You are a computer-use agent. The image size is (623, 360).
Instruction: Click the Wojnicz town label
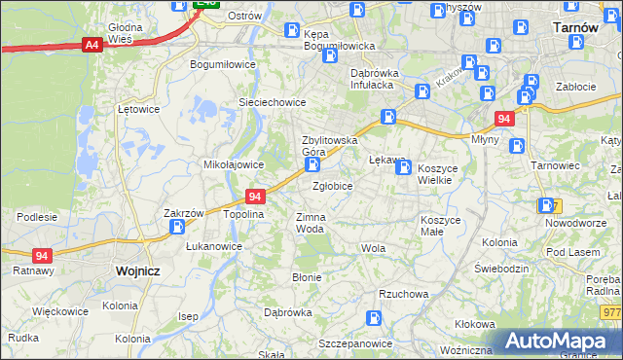click(136, 271)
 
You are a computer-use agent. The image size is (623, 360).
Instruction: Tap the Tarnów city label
click(574, 27)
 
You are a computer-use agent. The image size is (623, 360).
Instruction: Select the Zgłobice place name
click(332, 185)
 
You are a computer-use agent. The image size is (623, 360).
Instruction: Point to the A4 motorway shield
click(92, 45)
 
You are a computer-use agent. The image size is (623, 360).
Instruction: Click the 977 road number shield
click(611, 312)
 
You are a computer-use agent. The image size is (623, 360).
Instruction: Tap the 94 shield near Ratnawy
click(41, 256)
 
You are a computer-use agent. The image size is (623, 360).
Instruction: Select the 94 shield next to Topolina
click(255, 196)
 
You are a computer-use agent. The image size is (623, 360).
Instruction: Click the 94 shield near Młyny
click(502, 119)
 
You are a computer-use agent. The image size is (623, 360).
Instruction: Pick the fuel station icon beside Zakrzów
click(178, 228)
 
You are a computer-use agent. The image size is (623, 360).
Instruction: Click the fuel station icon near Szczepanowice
click(373, 318)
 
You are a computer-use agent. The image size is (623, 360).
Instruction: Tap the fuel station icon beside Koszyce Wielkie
click(403, 168)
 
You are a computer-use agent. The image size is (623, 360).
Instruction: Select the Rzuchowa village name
click(403, 293)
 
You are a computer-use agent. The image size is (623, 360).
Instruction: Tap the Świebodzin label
click(500, 268)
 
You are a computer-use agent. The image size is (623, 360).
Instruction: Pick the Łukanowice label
click(214, 246)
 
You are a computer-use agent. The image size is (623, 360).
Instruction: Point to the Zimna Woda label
click(310, 223)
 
